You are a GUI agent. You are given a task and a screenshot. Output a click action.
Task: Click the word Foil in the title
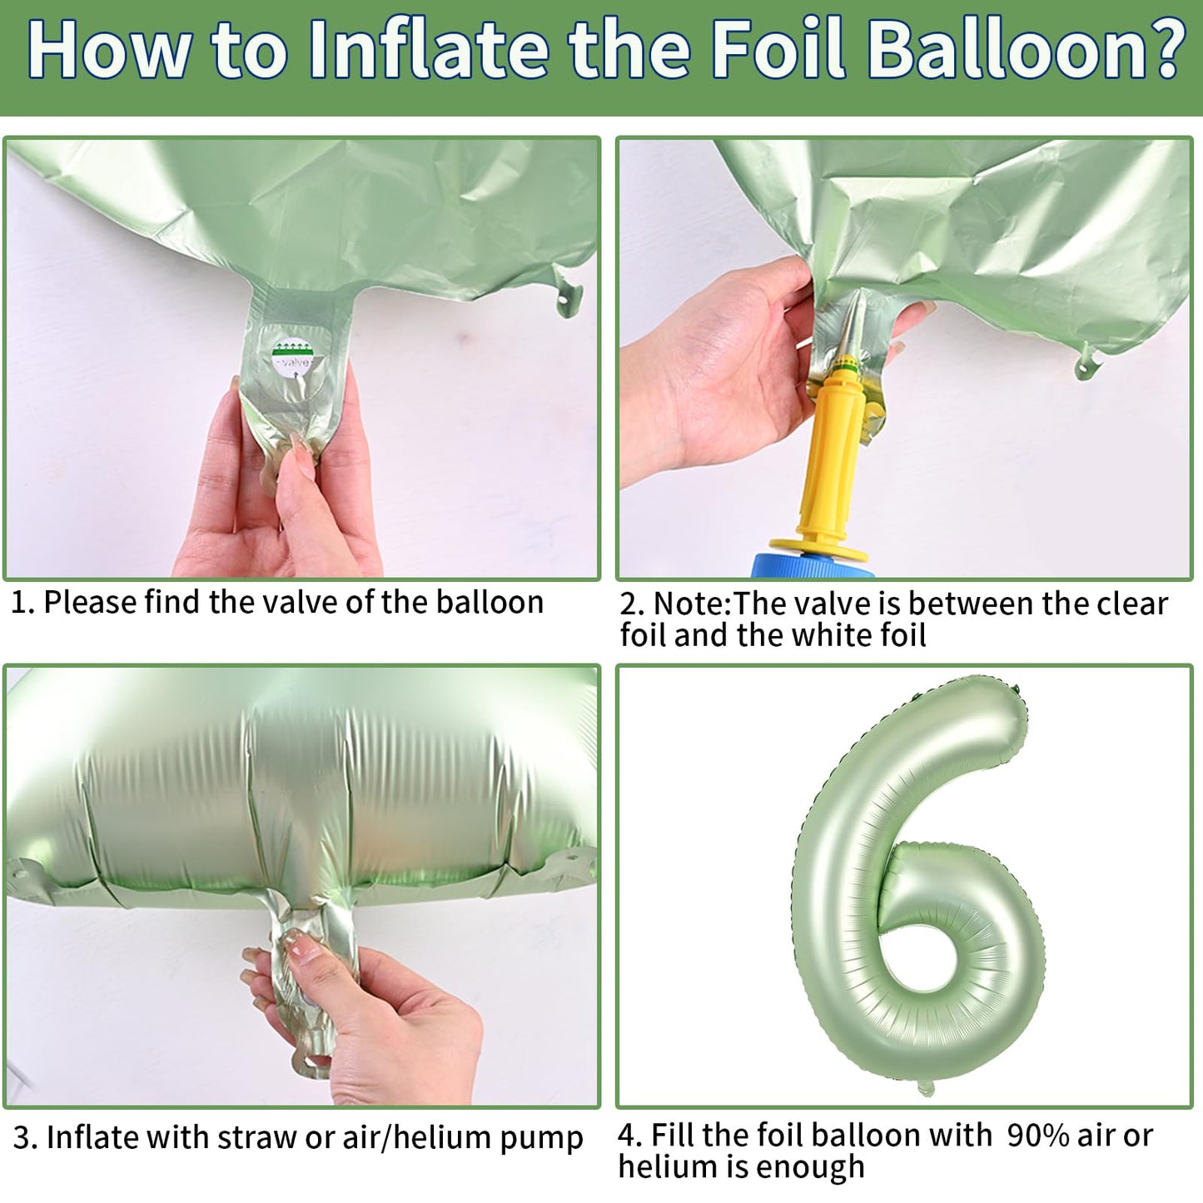[x=779, y=50]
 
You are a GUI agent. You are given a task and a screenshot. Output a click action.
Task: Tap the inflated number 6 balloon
[x=911, y=874]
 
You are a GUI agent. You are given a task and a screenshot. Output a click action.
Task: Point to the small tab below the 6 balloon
[x=926, y=1087]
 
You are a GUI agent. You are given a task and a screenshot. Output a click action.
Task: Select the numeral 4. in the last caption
[x=630, y=1136]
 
